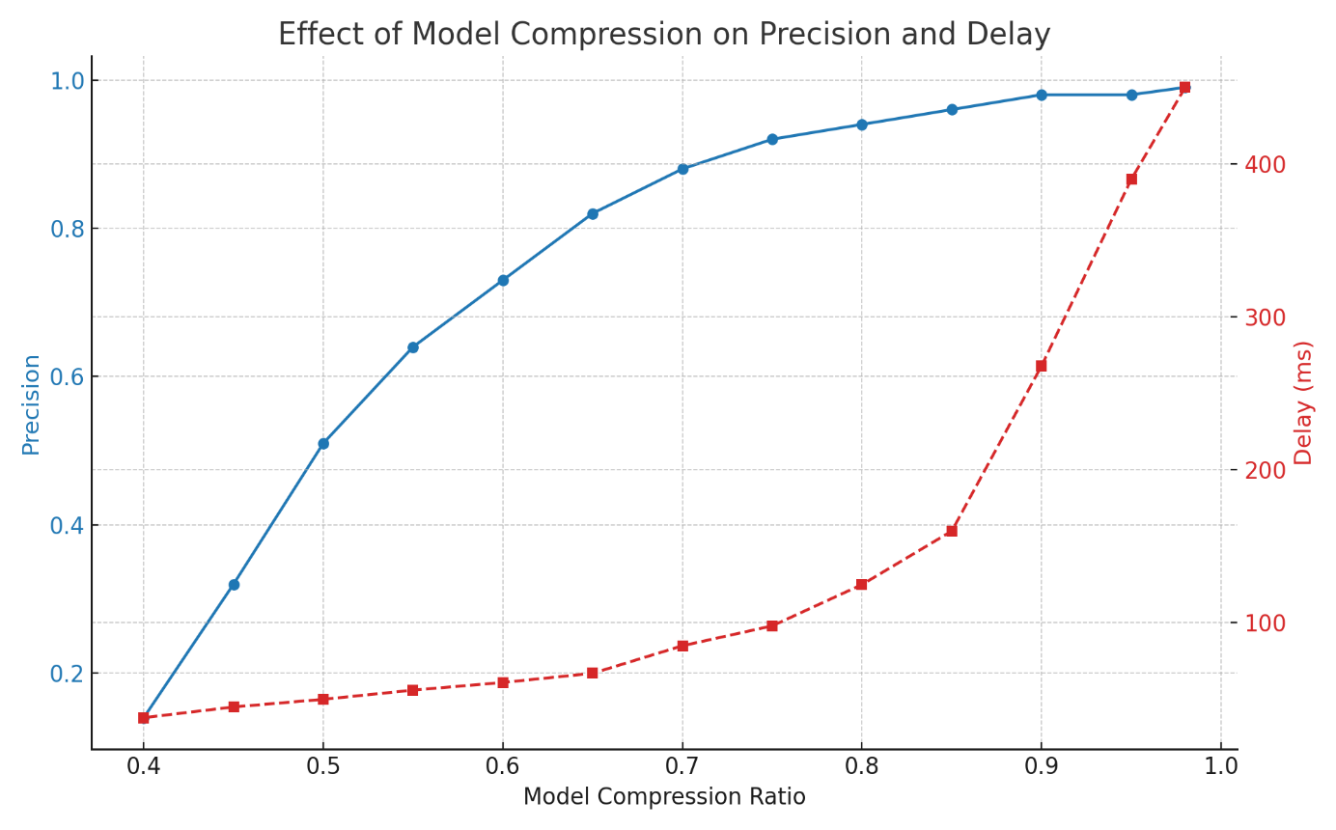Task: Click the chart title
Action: coord(664,35)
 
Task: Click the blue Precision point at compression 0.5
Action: coord(323,444)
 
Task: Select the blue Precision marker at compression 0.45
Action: coord(234,585)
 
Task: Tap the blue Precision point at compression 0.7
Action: coord(682,169)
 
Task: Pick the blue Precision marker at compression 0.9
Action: coord(1042,95)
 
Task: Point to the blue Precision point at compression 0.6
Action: coord(503,280)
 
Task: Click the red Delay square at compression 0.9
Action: coord(1042,366)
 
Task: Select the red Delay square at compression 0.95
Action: coord(1131,180)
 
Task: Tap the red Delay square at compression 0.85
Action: coord(952,531)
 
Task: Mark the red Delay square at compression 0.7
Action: coord(682,646)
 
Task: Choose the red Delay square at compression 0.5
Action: coord(323,699)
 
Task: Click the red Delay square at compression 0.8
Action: coord(862,584)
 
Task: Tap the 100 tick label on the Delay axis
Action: coord(1265,623)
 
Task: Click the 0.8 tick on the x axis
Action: coord(862,766)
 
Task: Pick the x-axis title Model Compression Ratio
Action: coord(664,797)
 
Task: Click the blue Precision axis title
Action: coord(31,403)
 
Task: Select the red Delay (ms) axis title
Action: coord(1304,402)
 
